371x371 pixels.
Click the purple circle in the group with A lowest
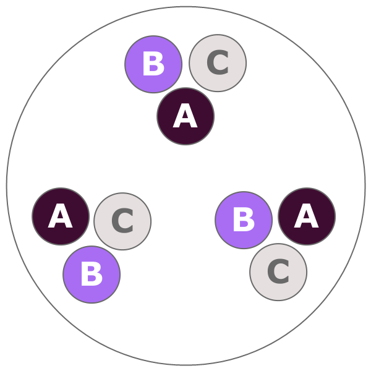click(x=153, y=64)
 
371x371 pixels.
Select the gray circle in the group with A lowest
click(x=218, y=63)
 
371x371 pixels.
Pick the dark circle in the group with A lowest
click(x=185, y=116)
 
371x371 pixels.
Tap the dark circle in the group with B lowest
click(x=61, y=216)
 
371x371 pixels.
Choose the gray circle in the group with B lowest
click(x=122, y=221)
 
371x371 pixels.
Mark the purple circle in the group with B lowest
click(x=92, y=275)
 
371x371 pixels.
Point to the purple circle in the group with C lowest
click(x=244, y=220)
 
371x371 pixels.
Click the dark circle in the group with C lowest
click(x=307, y=216)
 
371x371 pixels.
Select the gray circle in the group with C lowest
click(x=278, y=272)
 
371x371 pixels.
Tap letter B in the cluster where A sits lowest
click(x=153, y=64)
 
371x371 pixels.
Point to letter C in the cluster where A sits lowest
click(x=218, y=63)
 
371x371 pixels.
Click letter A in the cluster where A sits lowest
click(x=185, y=116)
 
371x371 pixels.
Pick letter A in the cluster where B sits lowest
click(x=61, y=216)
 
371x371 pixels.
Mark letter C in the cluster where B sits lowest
click(x=122, y=221)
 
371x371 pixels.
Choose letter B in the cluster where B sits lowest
click(x=92, y=275)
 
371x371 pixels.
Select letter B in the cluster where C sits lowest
click(x=244, y=220)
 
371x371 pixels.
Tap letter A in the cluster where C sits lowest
click(x=307, y=216)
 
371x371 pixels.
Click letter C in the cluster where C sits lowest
click(x=278, y=272)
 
